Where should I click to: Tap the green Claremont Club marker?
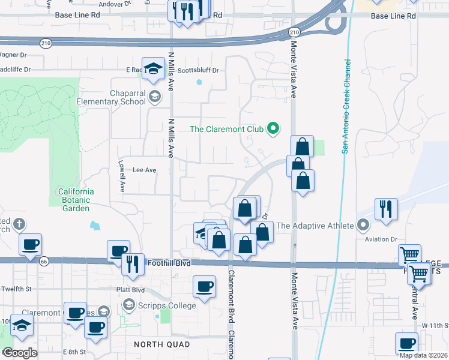tap(274, 128)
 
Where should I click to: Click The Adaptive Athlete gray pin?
tap(363, 226)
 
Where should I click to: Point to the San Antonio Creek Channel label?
tap(346, 106)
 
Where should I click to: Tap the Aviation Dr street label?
tap(382, 239)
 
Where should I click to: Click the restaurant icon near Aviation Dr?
tap(385, 209)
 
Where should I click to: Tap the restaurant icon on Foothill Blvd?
tap(132, 264)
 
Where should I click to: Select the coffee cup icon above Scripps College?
tap(204, 286)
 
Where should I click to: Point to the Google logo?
tap(20, 353)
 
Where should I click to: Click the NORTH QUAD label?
tap(161, 344)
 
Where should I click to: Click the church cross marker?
tap(20, 224)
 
